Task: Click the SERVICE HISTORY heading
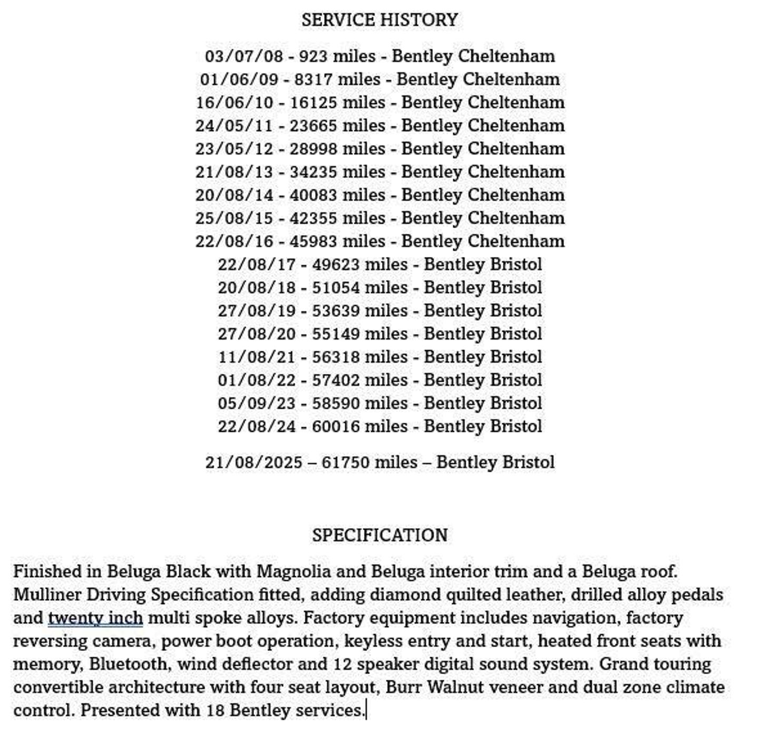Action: [379, 20]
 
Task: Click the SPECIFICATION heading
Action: [379, 535]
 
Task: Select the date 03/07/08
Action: [244, 56]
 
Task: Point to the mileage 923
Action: [313, 56]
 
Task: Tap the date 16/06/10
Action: [235, 102]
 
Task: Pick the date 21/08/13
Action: [235, 172]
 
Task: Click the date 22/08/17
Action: [257, 264]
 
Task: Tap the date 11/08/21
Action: [257, 357]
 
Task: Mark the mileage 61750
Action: [345, 462]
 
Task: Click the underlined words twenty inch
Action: [95, 618]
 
